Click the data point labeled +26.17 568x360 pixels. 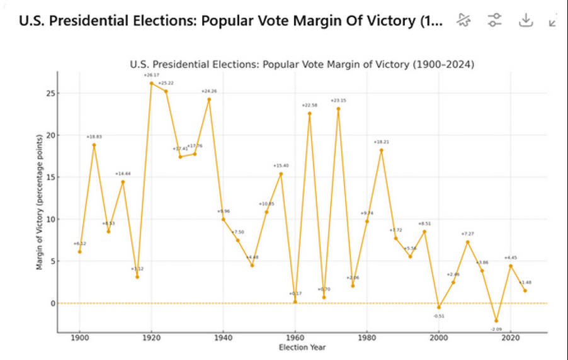(x=152, y=83)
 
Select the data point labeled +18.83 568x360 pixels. (x=94, y=145)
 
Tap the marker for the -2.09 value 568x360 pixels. (x=496, y=321)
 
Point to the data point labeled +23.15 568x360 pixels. (x=338, y=108)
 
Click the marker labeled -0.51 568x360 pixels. (x=439, y=307)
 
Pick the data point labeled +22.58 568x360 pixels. (x=310, y=113)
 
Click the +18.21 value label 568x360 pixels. (x=382, y=142)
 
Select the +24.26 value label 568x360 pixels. (x=210, y=92)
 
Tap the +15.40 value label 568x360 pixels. (x=281, y=166)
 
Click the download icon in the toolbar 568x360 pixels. (x=525, y=20)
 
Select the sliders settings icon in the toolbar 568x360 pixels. (x=495, y=20)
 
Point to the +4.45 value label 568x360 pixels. (x=511, y=257)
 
